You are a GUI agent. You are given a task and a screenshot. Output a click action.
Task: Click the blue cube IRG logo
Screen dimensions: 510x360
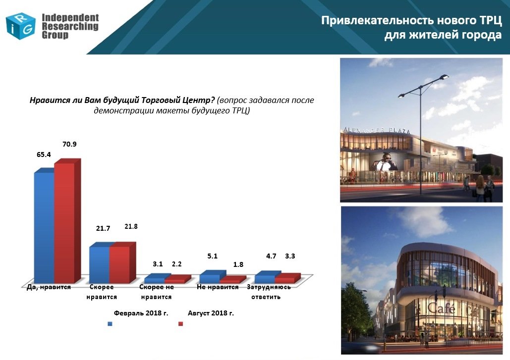[x=20, y=26]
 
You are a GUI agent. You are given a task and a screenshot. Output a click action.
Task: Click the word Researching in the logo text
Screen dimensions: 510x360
[x=70, y=26]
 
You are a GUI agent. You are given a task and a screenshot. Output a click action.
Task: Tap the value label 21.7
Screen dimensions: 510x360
[x=103, y=228]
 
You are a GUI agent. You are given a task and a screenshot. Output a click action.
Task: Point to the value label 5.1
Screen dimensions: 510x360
[x=213, y=256]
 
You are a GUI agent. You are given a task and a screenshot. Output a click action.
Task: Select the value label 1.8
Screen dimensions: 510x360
[x=238, y=264]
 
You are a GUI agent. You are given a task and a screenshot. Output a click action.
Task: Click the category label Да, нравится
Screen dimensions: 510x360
[x=49, y=287]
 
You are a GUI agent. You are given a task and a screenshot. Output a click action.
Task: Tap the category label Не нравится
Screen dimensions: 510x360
[x=218, y=287]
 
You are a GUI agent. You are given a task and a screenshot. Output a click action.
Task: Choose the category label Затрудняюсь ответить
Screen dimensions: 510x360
[x=269, y=292]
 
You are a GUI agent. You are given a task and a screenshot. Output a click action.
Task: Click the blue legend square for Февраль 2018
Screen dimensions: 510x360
[x=110, y=324]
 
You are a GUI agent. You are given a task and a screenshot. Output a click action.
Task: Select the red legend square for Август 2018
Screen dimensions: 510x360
[x=181, y=324]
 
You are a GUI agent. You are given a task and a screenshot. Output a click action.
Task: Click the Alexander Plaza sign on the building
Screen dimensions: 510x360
[x=377, y=130]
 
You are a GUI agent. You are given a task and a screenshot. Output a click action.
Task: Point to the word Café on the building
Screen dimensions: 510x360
[x=441, y=308]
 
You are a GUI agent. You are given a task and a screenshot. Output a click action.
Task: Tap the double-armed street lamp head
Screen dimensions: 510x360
[x=423, y=86]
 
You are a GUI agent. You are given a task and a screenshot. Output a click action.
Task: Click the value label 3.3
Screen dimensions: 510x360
[x=290, y=256]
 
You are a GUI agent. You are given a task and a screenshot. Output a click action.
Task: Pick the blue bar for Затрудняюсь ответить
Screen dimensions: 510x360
[x=265, y=277]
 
